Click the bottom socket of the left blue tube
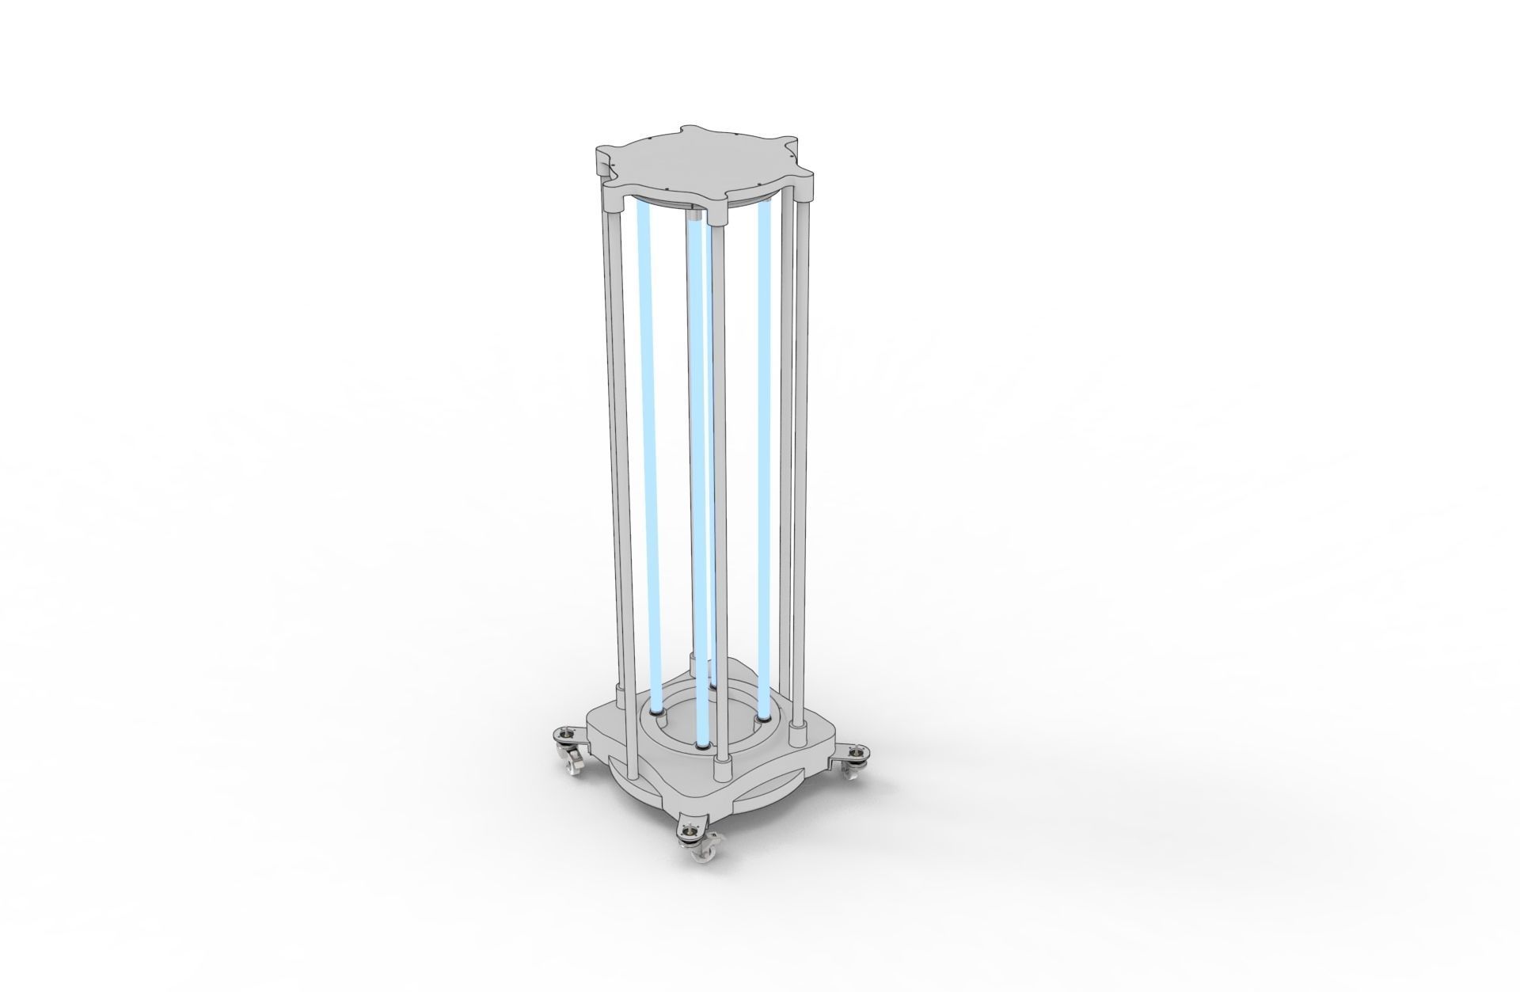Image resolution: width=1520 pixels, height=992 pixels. tap(655, 713)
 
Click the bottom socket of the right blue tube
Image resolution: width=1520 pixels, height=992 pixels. tap(763, 719)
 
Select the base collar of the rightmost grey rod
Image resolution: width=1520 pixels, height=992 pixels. tap(797, 733)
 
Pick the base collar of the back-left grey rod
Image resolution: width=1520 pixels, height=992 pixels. tap(621, 697)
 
